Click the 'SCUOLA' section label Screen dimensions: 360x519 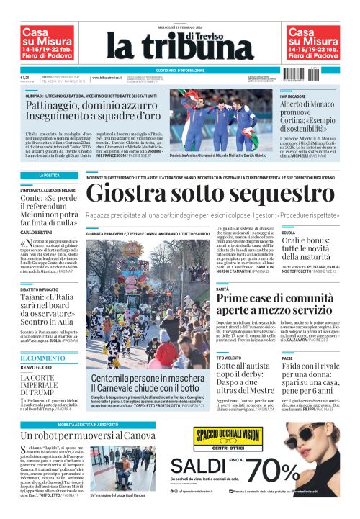[x=289, y=233]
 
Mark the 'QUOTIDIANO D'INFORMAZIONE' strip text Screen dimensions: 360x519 [x=180, y=70]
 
